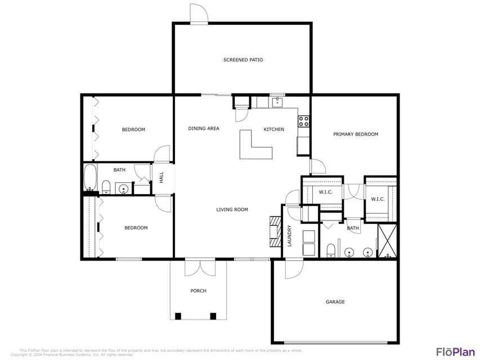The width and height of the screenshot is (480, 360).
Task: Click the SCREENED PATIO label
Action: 243,60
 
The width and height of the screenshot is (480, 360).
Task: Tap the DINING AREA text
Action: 204,129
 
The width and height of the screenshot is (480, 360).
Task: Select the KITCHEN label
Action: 274,129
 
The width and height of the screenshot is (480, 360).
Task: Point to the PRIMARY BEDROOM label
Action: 355,134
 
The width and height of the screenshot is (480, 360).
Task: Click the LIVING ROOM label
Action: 232,210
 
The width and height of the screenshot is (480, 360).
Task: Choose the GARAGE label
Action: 335,302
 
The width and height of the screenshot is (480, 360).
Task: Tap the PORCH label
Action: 198,291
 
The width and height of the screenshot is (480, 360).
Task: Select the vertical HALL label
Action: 162,177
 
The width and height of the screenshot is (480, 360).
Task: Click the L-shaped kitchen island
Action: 253,147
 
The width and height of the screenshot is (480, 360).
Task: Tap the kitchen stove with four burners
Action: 303,121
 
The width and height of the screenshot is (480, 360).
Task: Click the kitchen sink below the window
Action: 277,103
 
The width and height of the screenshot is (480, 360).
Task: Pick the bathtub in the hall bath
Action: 90,179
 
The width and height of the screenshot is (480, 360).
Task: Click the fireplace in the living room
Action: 274,231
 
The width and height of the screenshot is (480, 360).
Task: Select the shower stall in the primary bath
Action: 387,240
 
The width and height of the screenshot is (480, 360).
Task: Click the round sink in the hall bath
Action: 123,188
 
